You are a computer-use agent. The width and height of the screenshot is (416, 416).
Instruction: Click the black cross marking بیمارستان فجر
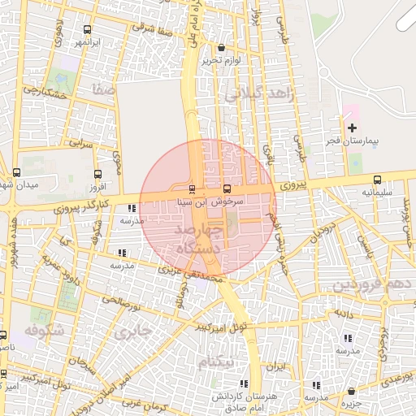pyautogui.click(x=352, y=128)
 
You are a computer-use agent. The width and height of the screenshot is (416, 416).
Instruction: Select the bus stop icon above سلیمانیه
pyautogui.click(x=377, y=180)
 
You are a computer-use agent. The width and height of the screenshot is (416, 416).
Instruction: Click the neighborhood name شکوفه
pyautogui.click(x=44, y=331)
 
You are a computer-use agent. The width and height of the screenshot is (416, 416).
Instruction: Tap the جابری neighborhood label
pyautogui.click(x=132, y=332)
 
